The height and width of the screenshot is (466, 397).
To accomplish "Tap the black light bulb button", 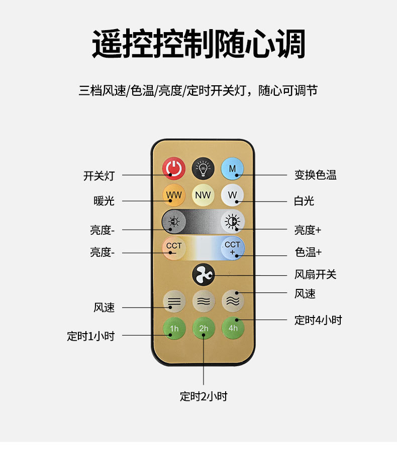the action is coord(203,169).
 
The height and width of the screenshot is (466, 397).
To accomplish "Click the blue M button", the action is coord(232,169).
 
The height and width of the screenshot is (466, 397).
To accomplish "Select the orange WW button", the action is coord(174,195).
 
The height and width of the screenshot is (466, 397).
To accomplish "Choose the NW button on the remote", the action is coord(203,195).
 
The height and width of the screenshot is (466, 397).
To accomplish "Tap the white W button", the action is coord(232,195).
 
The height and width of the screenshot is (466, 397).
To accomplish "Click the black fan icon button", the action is coord(203,274).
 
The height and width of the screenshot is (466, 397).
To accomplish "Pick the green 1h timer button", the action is coord(174,329).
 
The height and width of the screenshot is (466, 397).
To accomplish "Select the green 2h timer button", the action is coord(203,329).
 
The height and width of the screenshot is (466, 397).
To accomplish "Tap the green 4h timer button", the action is coord(233,328).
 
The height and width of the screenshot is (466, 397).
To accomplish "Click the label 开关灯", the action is coord(99,176).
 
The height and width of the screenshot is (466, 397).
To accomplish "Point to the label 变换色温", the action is coord(315,175).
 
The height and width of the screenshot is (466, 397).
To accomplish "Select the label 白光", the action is coord(304,201).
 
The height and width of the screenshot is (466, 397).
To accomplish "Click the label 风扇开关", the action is coord(315,274).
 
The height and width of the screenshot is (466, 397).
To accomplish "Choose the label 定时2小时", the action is coord(204,396).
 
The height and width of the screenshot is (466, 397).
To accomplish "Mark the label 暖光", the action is coord(104,201).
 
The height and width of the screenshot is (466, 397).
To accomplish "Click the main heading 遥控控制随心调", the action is coord(198,44).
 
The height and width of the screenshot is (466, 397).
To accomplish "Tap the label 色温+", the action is coord(308,252).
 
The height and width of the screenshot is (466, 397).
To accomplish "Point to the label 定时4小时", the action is coord(318,320).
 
